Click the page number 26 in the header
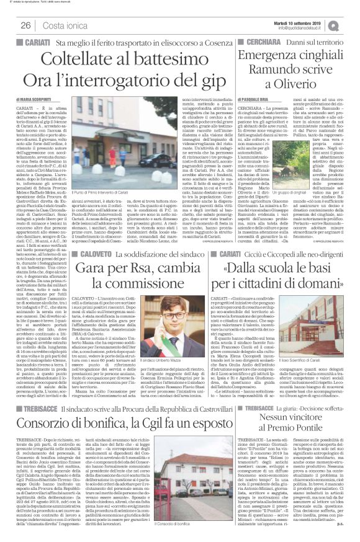click(x=26, y=25)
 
